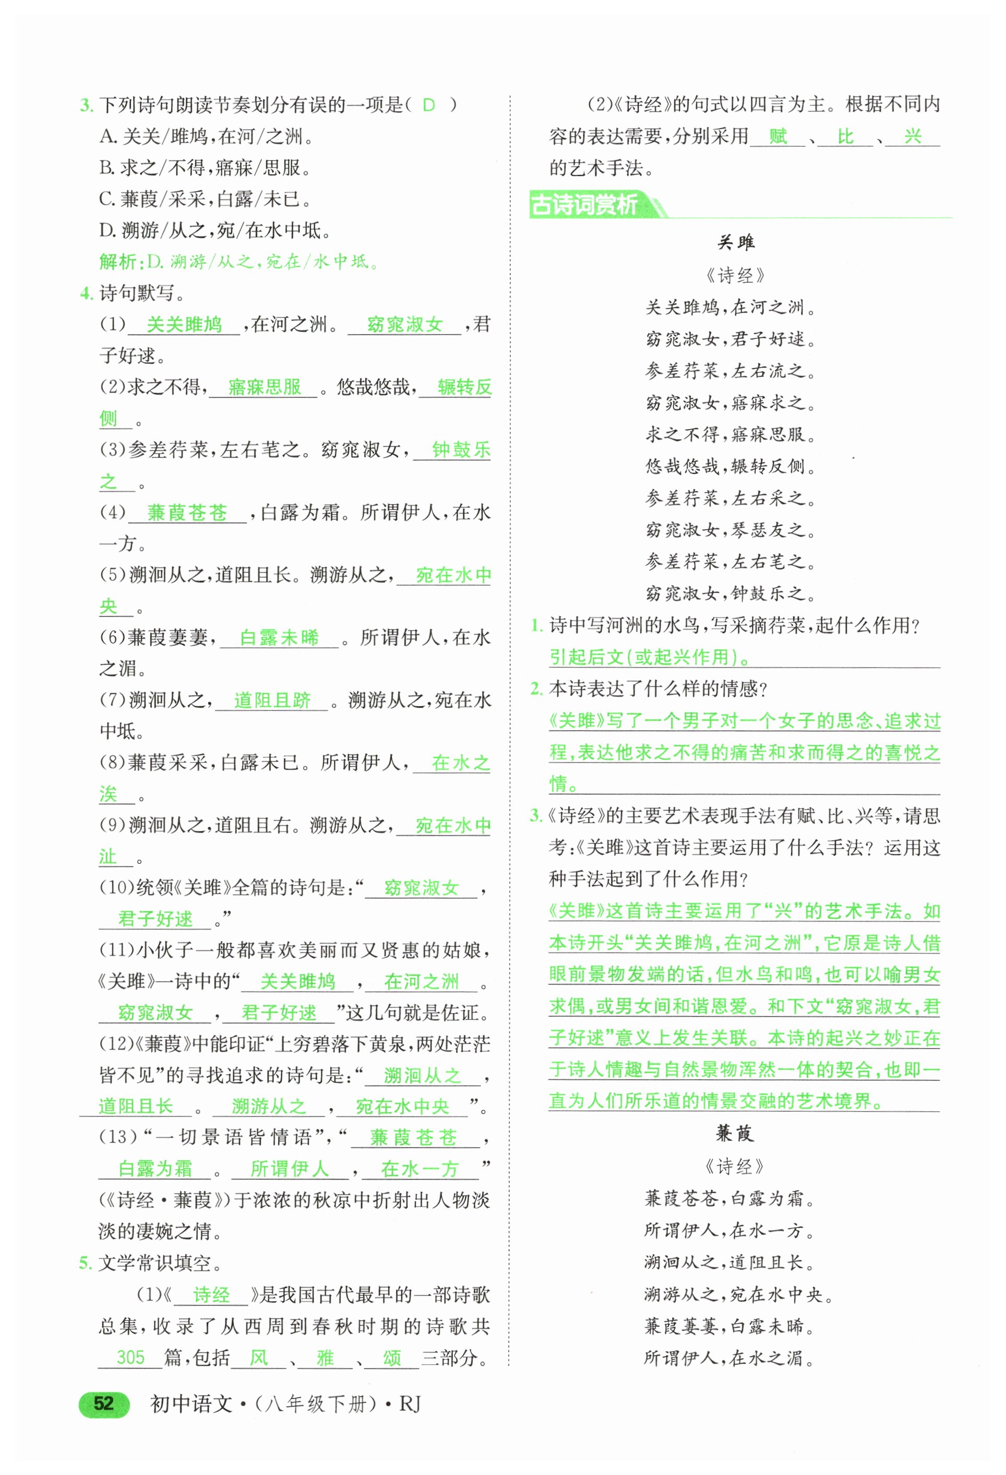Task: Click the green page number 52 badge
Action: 103,1403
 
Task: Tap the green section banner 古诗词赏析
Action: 585,205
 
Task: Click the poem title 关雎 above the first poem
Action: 735,243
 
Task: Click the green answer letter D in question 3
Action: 429,105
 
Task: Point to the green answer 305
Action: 130,1358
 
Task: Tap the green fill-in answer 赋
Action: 777,136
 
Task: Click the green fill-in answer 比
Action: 845,136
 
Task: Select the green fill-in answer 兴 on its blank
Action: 912,136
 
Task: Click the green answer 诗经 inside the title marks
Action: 211,1295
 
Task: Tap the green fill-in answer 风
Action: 258,1358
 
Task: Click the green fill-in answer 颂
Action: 392,1358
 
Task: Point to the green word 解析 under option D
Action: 118,261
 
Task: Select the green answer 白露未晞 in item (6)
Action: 279,638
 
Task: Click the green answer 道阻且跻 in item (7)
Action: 272,700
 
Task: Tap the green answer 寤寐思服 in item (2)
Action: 265,387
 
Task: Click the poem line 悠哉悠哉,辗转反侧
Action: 730,467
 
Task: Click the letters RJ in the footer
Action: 410,1404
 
